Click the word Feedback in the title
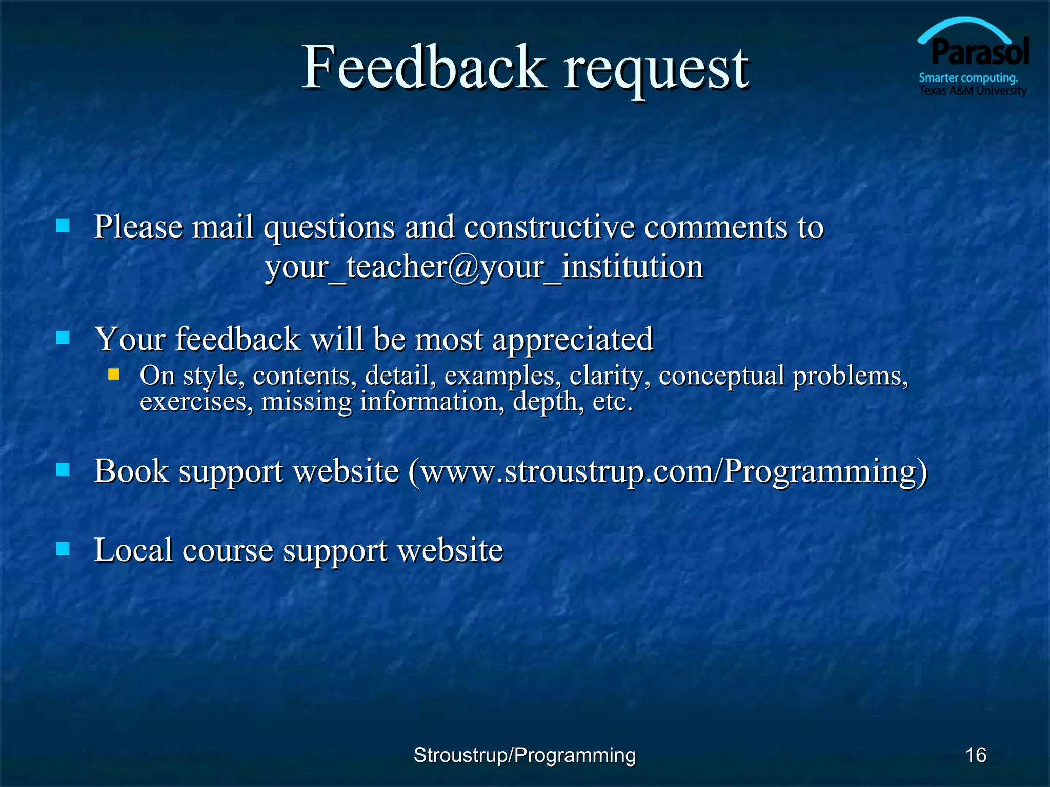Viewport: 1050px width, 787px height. pyautogui.click(x=423, y=68)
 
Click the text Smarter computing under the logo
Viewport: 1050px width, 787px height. pyautogui.click(x=968, y=78)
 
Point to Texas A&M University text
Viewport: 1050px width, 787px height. pyautogui.click(x=973, y=91)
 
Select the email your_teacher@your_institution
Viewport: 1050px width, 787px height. pyautogui.click(x=484, y=267)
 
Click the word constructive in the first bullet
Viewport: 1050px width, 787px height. pyautogui.click(x=549, y=227)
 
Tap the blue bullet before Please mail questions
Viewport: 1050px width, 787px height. pyautogui.click(x=63, y=225)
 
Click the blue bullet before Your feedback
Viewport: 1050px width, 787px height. pyautogui.click(x=63, y=338)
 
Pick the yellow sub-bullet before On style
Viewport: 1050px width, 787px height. pyautogui.click(x=114, y=374)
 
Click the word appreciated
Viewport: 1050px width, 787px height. pyautogui.click(x=572, y=340)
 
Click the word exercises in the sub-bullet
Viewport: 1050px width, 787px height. pyautogui.click(x=196, y=402)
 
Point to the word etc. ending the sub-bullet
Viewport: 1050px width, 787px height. pyautogui.click(x=613, y=402)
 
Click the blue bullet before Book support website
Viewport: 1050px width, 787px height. pyautogui.click(x=63, y=469)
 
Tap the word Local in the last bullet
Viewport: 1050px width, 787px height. pyautogui.click(x=133, y=550)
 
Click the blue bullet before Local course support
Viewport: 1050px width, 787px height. pyautogui.click(x=63, y=549)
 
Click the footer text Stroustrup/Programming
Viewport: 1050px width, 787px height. pyautogui.click(x=524, y=755)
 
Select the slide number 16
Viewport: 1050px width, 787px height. pyautogui.click(x=976, y=755)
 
